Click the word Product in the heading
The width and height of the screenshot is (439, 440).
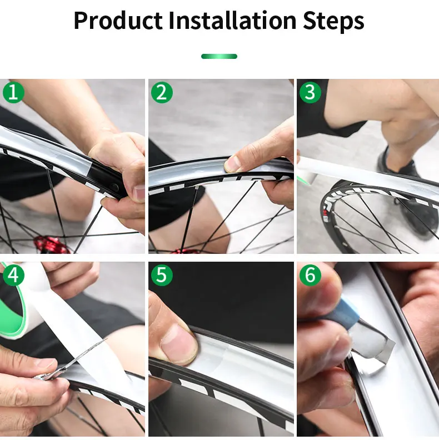118,21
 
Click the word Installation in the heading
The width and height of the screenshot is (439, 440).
233,20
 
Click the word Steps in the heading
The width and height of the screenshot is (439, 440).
333,21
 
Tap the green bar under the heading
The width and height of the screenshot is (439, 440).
219,57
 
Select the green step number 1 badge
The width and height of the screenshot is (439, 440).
13,92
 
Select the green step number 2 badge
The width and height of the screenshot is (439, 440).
162,92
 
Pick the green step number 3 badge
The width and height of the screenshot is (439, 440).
310,92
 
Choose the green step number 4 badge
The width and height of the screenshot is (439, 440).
13,275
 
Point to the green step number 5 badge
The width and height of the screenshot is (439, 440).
162,275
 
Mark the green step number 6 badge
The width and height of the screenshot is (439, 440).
310,275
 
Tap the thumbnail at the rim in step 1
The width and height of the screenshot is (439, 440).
139,193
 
